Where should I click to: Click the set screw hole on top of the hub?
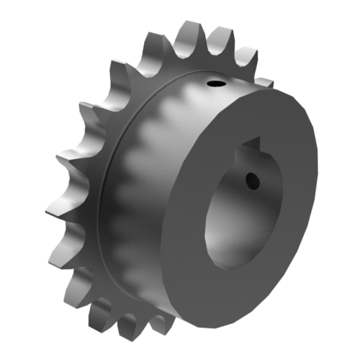pyautogui.click(x=215, y=86)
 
